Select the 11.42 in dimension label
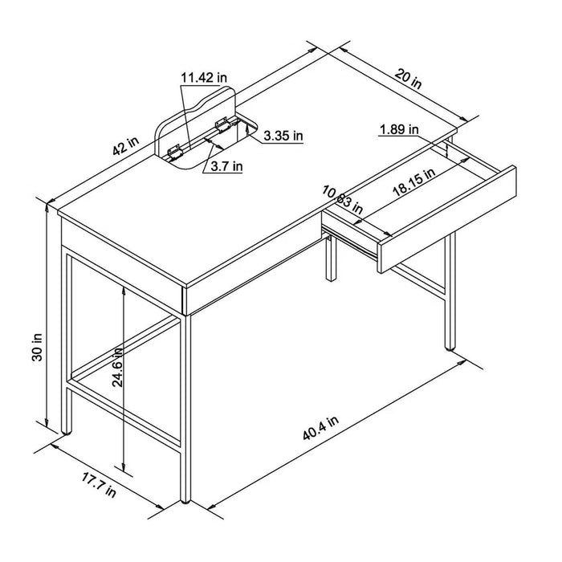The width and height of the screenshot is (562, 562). (203, 78)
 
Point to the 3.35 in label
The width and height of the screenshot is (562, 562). (283, 136)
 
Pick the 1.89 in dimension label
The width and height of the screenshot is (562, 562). (399, 128)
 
